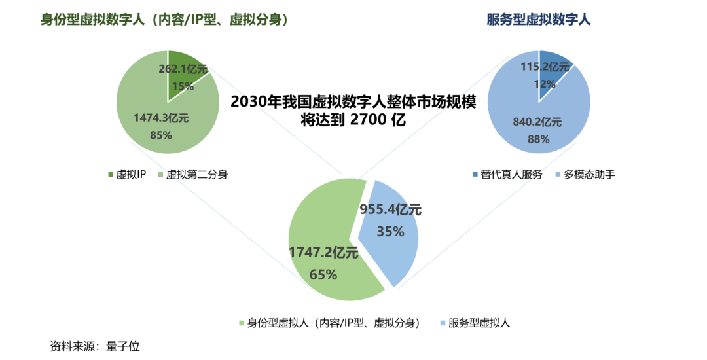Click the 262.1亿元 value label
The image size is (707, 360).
(x=183, y=69)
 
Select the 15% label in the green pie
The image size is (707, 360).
(x=183, y=86)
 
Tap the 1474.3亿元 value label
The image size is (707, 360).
(x=161, y=118)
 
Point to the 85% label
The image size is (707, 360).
(x=161, y=135)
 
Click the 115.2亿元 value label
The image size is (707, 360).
(x=545, y=67)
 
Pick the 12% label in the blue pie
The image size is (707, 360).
(x=545, y=84)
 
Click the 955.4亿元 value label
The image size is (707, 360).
(x=391, y=210)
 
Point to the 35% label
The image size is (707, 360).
(x=390, y=231)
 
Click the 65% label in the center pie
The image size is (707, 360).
(x=323, y=275)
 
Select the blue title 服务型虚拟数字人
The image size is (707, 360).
(x=539, y=20)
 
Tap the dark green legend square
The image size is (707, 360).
(x=111, y=174)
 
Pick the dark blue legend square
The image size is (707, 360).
(x=475, y=174)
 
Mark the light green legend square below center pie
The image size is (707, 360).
(x=242, y=323)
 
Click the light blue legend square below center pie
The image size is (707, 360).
(x=443, y=323)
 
